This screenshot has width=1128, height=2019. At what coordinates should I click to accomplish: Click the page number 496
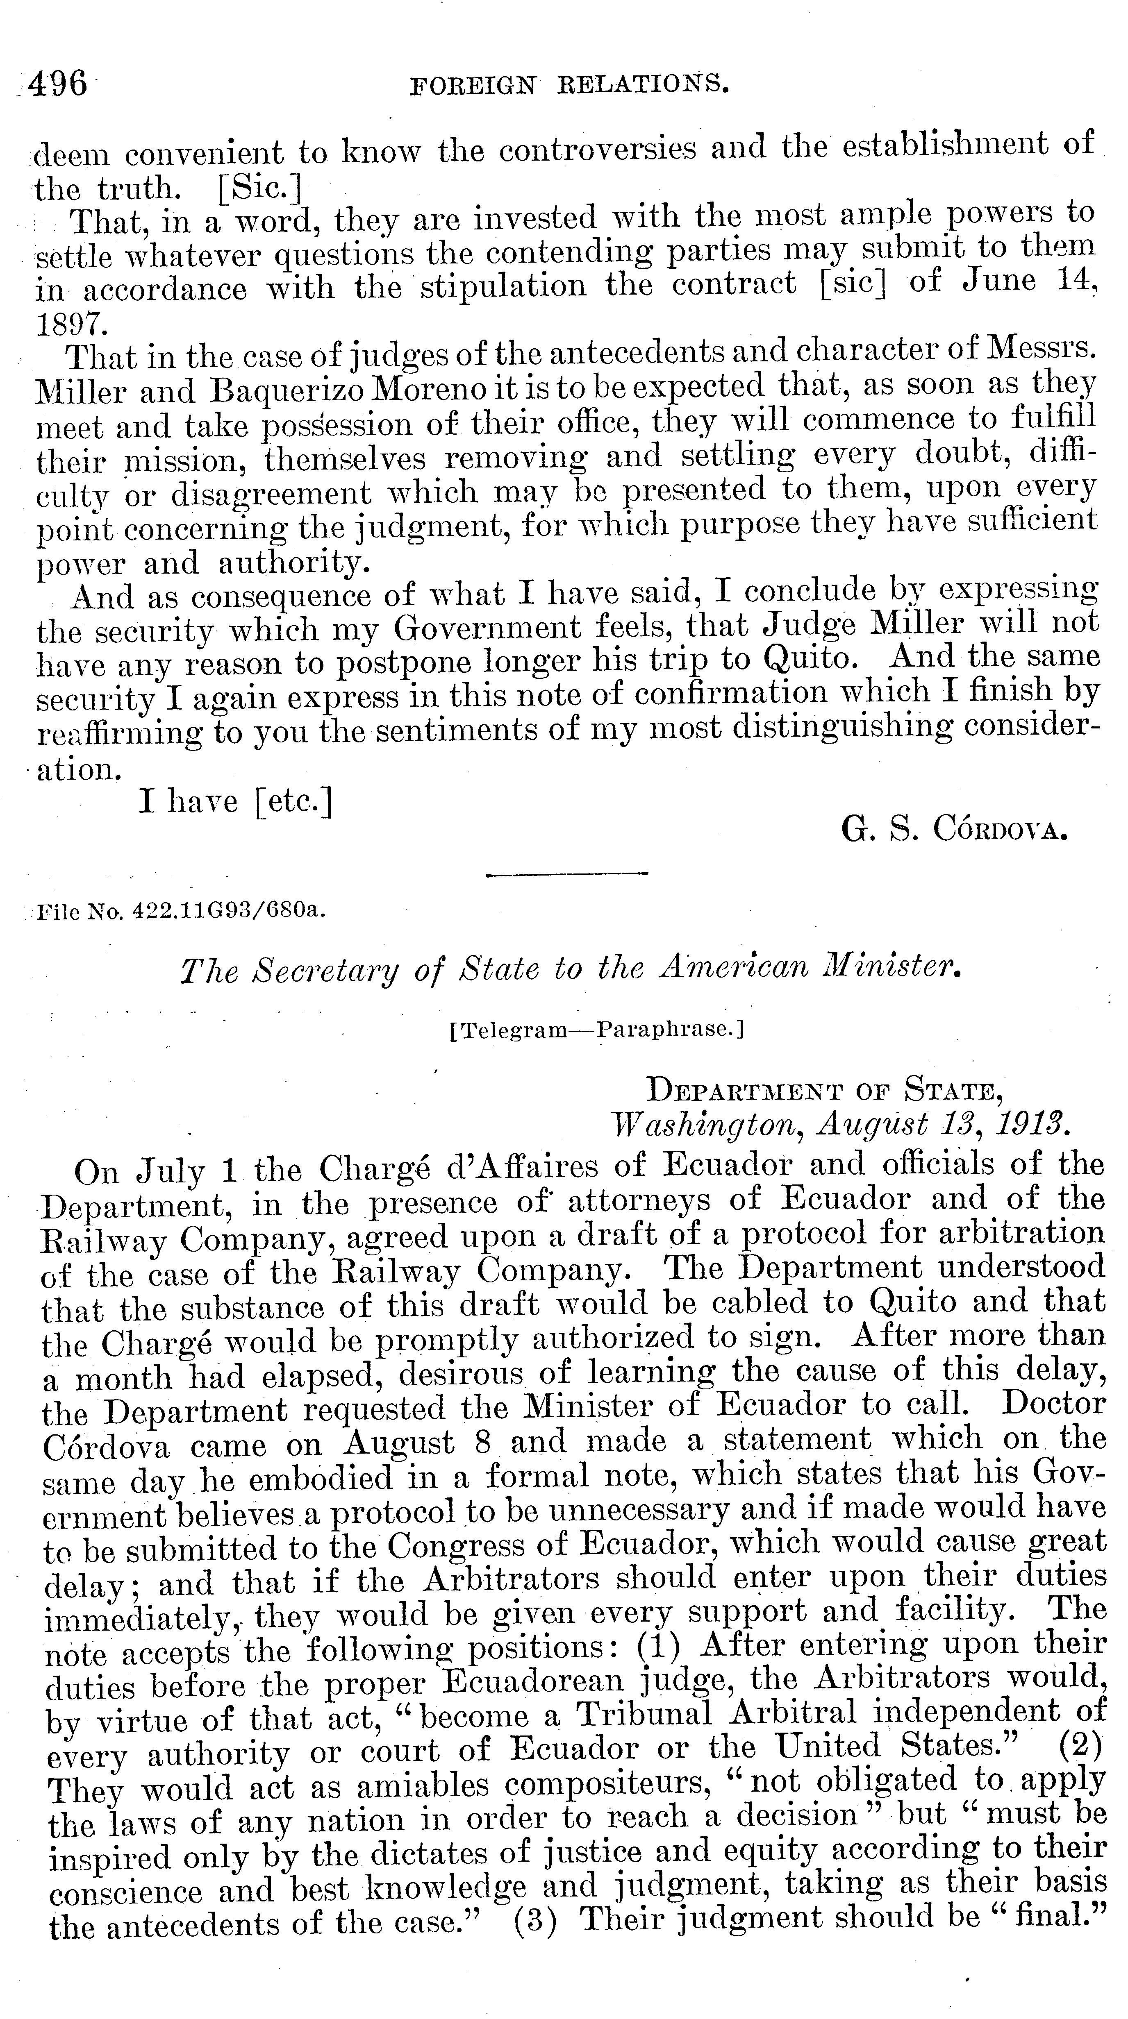(x=58, y=83)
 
